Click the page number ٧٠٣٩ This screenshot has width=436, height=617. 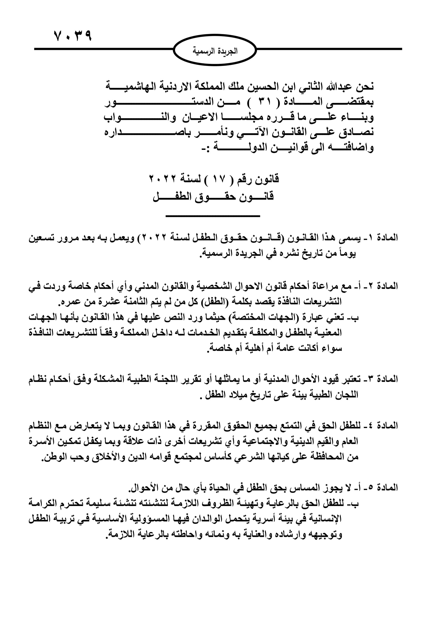pos(73,35)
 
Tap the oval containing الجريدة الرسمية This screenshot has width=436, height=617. pos(215,50)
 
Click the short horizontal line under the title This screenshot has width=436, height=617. pos(213,216)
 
